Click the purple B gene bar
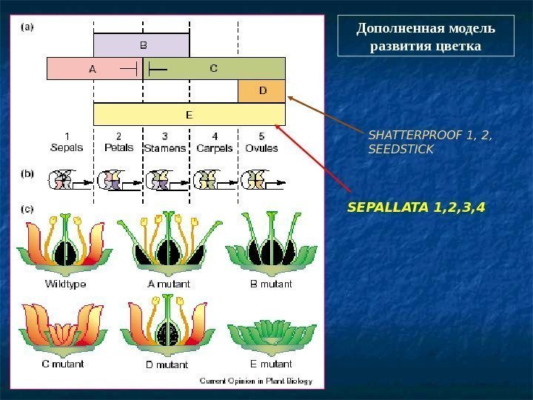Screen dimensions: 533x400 tap(141, 44)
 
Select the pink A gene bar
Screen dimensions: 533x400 tap(93, 69)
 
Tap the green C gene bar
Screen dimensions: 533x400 tap(215, 69)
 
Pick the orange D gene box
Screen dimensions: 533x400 tap(261, 92)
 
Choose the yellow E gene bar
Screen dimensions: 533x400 tap(189, 115)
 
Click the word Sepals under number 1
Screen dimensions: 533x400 tap(67, 147)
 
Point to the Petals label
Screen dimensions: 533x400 tap(118, 147)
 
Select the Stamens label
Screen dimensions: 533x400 tap(165, 148)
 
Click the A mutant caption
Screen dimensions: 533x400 tap(169, 284)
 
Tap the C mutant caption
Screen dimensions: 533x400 tap(63, 364)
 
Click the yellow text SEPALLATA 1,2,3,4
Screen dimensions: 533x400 tap(416, 207)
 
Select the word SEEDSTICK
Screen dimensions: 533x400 tap(400, 149)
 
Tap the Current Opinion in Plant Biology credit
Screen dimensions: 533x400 tap(257, 381)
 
